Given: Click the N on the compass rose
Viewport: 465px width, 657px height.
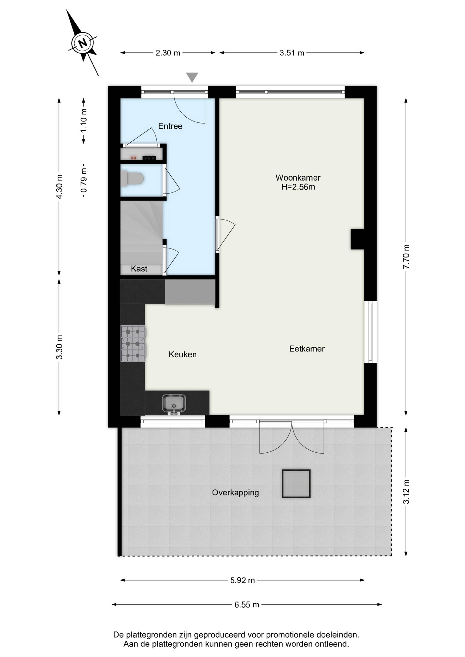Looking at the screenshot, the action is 83,43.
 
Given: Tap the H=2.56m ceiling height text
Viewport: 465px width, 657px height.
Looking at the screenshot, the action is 298,187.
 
